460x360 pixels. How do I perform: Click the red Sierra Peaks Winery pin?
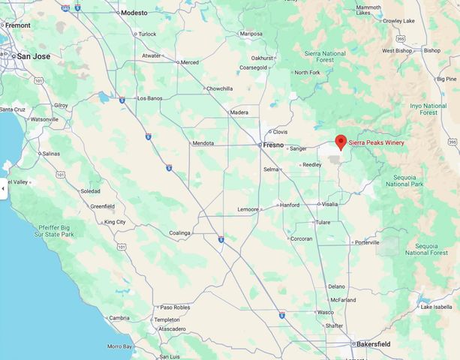pyautogui.click(x=340, y=141)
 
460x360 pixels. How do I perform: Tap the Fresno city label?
pyautogui.click(x=273, y=144)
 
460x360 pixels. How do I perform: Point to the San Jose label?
pyautogui.click(x=34, y=55)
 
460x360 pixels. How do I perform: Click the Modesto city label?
pyautogui.click(x=134, y=13)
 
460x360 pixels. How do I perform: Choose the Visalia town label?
pyautogui.click(x=330, y=204)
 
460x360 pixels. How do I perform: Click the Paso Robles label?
pyautogui.click(x=175, y=307)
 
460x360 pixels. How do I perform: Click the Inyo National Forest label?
pyautogui.click(x=428, y=109)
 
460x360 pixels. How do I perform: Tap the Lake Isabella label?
pyautogui.click(x=437, y=307)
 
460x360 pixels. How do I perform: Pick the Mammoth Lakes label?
pyautogui.click(x=369, y=10)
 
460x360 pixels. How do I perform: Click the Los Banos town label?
pyautogui.click(x=151, y=97)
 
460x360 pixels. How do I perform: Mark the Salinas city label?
pyautogui.click(x=50, y=153)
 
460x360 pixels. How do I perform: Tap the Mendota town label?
pyautogui.click(x=203, y=143)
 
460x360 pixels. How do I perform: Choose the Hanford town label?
pyautogui.click(x=290, y=205)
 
